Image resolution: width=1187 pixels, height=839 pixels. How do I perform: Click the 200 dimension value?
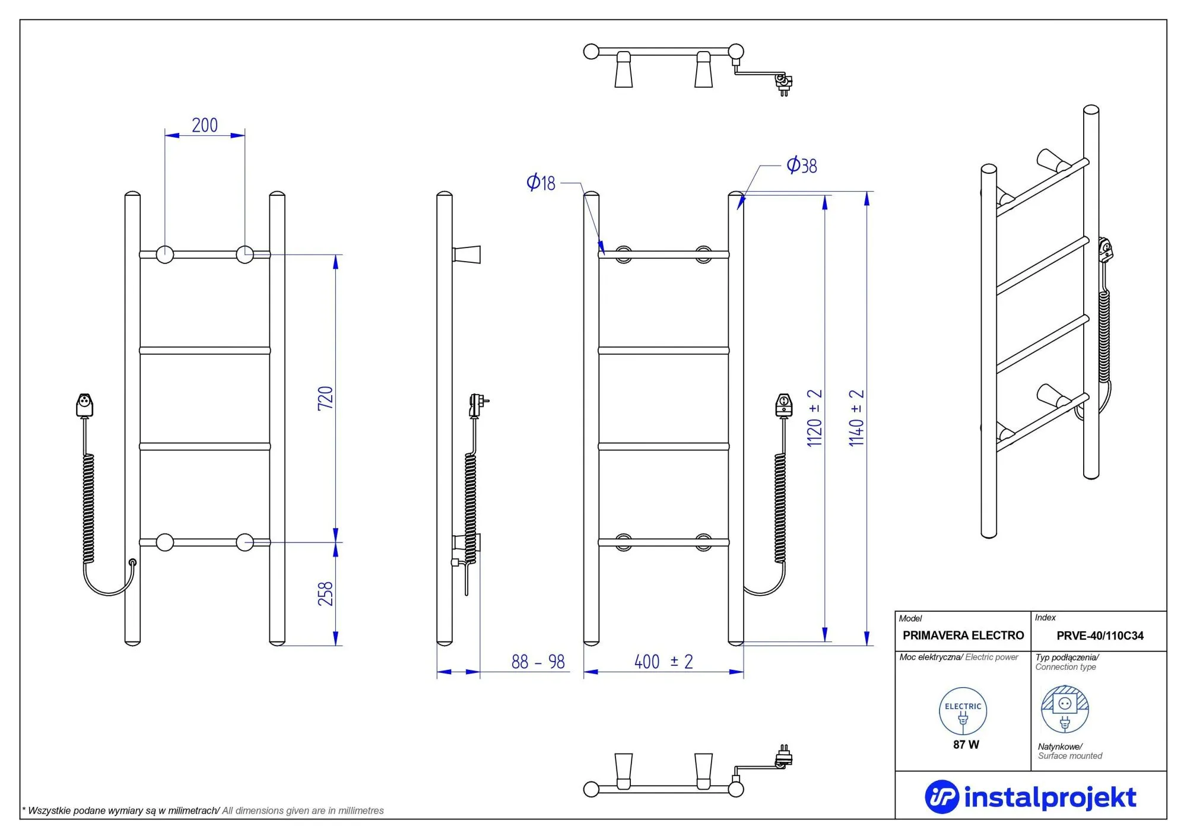(x=205, y=125)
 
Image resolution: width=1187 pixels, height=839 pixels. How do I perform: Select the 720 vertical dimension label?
(x=325, y=398)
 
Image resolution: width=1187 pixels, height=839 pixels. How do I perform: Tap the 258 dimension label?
(x=325, y=594)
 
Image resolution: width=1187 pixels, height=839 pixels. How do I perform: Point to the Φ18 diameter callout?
(x=541, y=183)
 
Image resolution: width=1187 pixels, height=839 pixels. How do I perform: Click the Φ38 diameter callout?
(x=801, y=165)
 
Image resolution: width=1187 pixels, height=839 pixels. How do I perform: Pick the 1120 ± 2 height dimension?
(x=814, y=418)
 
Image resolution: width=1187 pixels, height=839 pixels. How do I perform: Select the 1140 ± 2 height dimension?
(x=856, y=418)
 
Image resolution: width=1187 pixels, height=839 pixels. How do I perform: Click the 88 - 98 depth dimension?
(x=538, y=662)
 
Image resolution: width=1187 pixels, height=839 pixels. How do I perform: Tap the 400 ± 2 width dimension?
(x=664, y=662)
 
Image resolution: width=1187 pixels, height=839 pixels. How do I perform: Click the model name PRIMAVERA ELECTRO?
(x=963, y=635)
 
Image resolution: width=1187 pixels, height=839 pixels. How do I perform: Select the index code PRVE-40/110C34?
(x=1100, y=635)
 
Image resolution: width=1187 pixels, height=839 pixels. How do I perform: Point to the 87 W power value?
(x=966, y=745)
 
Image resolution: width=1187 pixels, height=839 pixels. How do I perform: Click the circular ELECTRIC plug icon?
(x=963, y=711)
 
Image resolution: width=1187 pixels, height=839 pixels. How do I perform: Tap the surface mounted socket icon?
(x=1065, y=710)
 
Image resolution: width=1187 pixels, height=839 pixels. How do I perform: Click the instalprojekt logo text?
(x=1049, y=797)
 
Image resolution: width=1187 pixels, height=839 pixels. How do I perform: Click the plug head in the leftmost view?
(x=85, y=405)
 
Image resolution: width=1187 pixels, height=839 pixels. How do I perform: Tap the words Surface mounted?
(x=1069, y=756)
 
